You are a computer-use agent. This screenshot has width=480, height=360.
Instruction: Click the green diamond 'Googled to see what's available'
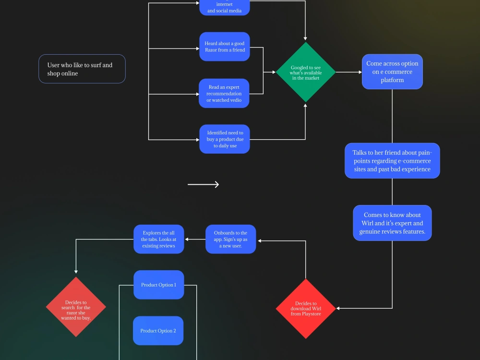pos(305,72)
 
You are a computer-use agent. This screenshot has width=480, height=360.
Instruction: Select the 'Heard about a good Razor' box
pos(225,47)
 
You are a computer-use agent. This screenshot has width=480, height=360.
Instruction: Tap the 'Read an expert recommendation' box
pos(224,94)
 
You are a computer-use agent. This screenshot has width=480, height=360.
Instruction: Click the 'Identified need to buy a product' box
pos(225,139)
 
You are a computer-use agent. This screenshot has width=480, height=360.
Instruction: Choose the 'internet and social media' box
pos(225,8)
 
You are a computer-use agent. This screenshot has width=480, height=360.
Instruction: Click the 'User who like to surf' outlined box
pos(82,69)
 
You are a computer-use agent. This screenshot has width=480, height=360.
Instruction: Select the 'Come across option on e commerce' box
pos(392,72)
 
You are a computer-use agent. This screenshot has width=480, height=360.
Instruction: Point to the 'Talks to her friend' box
pos(392,161)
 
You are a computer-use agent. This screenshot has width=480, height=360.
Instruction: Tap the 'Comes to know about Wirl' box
pos(392,223)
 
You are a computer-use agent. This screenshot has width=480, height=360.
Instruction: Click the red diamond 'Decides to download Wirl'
pos(306,309)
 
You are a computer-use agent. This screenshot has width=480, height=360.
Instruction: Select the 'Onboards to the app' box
pos(231,239)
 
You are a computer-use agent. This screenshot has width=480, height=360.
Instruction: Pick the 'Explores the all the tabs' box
pos(159,239)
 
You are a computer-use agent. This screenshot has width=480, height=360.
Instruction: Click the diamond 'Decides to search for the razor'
pos(76,307)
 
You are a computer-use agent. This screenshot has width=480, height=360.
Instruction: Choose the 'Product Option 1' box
pos(159,285)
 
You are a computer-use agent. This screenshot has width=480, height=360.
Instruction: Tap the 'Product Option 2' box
pos(158,331)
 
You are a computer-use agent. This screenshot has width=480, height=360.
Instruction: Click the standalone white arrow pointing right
pos(203,184)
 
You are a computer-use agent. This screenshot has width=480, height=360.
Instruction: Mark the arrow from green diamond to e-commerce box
pos(348,72)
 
